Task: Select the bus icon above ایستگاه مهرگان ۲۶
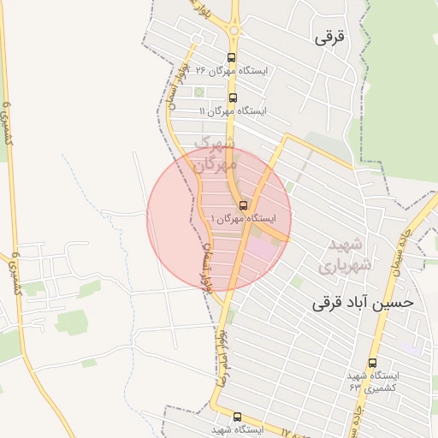[231, 57]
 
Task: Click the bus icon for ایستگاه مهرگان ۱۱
[234, 98]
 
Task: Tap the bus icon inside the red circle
[244, 205]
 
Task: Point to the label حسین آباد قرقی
[363, 302]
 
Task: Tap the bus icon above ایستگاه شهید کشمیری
[373, 363]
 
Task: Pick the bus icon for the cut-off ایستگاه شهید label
[237, 417]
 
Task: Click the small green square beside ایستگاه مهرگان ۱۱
[198, 91]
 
